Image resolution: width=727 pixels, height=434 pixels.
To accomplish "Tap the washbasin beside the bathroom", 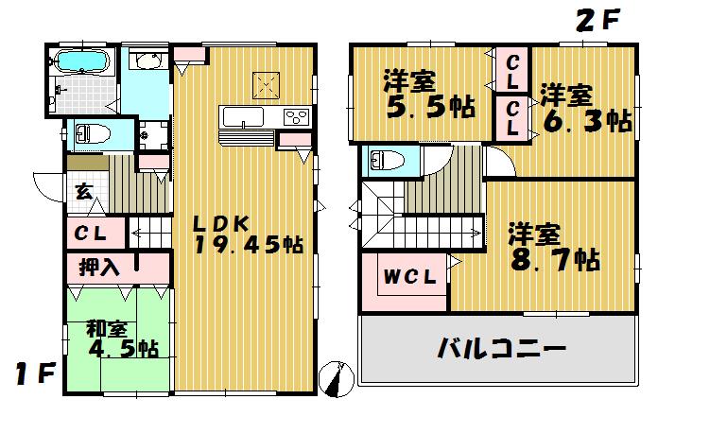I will point(147,62).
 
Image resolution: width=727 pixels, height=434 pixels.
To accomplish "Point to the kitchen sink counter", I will point(244,117).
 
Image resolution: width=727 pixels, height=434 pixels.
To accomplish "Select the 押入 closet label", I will point(98,267).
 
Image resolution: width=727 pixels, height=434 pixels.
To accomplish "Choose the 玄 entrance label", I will point(83,192).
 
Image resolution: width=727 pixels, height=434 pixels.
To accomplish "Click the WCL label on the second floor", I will point(408,277).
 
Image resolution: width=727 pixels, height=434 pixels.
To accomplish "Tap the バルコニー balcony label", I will point(500,347).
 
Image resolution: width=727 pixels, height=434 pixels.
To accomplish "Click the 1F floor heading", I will point(33,375).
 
